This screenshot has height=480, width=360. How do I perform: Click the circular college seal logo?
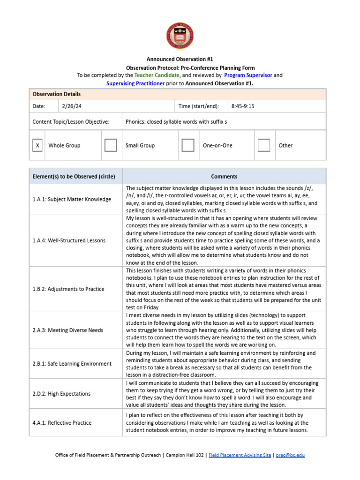pyautogui.click(x=180, y=36)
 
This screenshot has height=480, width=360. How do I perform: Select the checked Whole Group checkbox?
pyautogui.click(x=37, y=145)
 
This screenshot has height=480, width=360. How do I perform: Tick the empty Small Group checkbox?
pyautogui.click(x=111, y=145)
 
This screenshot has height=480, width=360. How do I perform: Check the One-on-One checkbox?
pyautogui.click(x=188, y=145)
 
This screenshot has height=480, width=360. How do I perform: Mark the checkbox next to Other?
pyautogui.click(x=264, y=145)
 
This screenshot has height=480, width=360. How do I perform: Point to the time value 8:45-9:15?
pyautogui.click(x=243, y=106)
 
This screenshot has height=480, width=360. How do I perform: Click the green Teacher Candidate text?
pyautogui.click(x=157, y=75)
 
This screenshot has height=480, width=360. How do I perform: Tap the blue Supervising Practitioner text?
pyautogui.click(x=135, y=83)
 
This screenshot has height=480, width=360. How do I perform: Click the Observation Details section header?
pyautogui.click(x=56, y=94)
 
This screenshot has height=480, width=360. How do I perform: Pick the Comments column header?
pyautogui.click(x=224, y=177)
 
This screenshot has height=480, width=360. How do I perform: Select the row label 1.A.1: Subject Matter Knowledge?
pyautogui.click(x=72, y=199)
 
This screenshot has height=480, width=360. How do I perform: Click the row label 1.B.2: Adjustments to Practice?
pyautogui.click(x=68, y=289)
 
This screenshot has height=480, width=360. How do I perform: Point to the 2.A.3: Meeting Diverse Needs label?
pyautogui.click(x=67, y=330)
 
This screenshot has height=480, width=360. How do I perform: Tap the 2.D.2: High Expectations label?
pyautogui.click(x=61, y=394)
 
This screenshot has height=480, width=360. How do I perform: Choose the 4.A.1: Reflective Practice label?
pyautogui.click(x=62, y=423)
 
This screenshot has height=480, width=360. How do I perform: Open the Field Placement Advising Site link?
pyautogui.click(x=240, y=455)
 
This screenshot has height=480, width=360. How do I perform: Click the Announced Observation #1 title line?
pyautogui.click(x=180, y=60)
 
